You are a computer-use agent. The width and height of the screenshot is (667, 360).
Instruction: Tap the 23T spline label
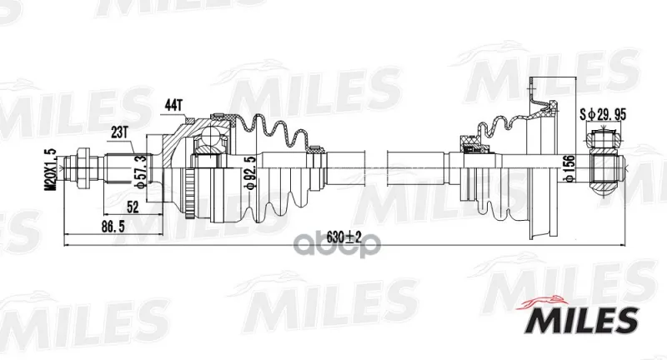(120, 132)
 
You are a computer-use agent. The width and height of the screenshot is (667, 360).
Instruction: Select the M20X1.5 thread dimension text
(51, 169)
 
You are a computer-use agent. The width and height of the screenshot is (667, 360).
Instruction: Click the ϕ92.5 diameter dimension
(252, 172)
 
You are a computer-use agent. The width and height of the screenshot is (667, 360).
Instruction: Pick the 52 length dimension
(133, 207)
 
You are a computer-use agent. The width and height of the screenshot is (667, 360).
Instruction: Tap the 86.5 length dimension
(113, 227)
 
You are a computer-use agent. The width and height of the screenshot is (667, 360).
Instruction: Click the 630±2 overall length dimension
(344, 237)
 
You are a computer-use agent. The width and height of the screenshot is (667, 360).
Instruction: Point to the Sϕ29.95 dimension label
(603, 114)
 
